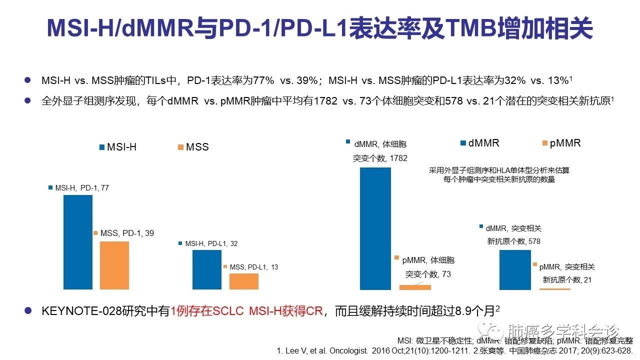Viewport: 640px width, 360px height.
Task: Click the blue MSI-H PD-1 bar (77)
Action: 78,242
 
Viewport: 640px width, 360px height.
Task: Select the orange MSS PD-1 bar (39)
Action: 114,265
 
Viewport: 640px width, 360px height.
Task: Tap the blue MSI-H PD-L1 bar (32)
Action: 207,269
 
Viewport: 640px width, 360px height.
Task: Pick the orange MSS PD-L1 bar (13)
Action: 244,281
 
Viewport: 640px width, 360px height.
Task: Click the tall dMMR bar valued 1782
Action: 375,228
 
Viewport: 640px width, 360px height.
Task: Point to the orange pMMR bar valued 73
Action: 415,287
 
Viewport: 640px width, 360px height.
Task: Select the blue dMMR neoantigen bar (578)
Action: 515,269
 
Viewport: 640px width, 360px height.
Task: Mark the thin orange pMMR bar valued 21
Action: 554,289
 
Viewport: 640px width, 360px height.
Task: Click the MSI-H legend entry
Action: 118,147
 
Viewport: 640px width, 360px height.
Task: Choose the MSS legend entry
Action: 192,147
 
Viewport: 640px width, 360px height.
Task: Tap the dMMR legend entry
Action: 479,143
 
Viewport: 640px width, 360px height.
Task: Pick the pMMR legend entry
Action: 560,143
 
